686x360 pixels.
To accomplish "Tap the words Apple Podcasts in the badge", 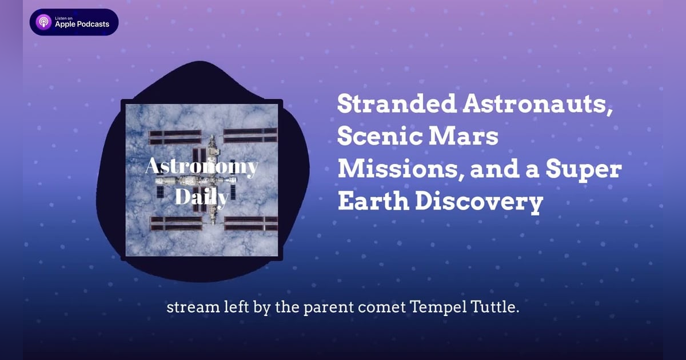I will [82, 25].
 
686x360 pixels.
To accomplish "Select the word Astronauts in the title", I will [534, 105].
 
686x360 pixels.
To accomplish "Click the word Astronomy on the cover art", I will [201, 167].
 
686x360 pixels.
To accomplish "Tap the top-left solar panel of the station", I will [175, 137].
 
